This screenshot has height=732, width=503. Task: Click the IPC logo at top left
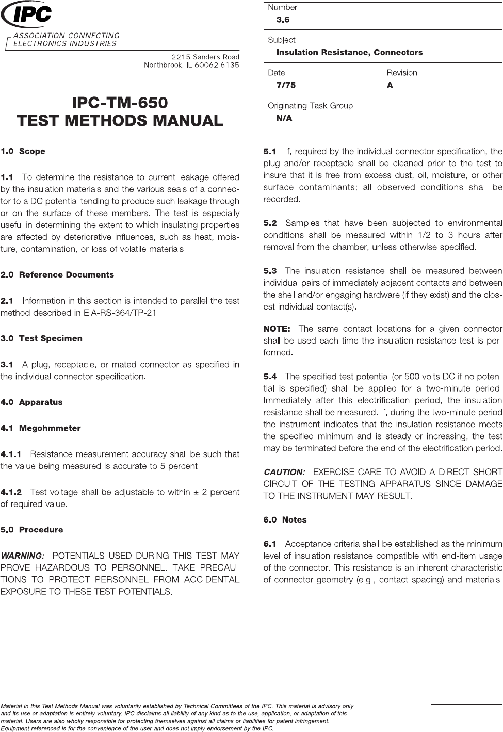[x=27, y=15]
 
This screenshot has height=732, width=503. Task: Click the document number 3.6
[x=283, y=20]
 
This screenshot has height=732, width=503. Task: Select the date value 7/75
[x=286, y=85]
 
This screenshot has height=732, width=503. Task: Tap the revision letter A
[x=390, y=85]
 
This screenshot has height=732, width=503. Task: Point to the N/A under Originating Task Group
[x=284, y=118]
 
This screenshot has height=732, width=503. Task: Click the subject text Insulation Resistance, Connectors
[x=349, y=52]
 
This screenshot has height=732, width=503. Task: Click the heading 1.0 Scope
[x=23, y=151]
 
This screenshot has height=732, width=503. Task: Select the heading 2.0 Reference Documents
[x=57, y=274]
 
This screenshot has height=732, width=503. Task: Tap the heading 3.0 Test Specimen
[x=41, y=338]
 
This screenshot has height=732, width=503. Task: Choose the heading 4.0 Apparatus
[x=31, y=402]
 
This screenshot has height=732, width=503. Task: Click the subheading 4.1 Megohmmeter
[x=40, y=428]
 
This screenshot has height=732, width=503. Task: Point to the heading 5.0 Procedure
[x=31, y=529]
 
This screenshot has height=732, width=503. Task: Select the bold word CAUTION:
[x=284, y=472]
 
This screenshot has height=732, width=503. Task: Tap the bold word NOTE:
[x=277, y=329]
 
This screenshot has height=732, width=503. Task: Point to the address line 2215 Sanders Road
[x=205, y=56]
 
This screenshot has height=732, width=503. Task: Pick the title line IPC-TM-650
[x=120, y=102]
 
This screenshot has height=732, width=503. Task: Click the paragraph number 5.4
[x=270, y=377]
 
